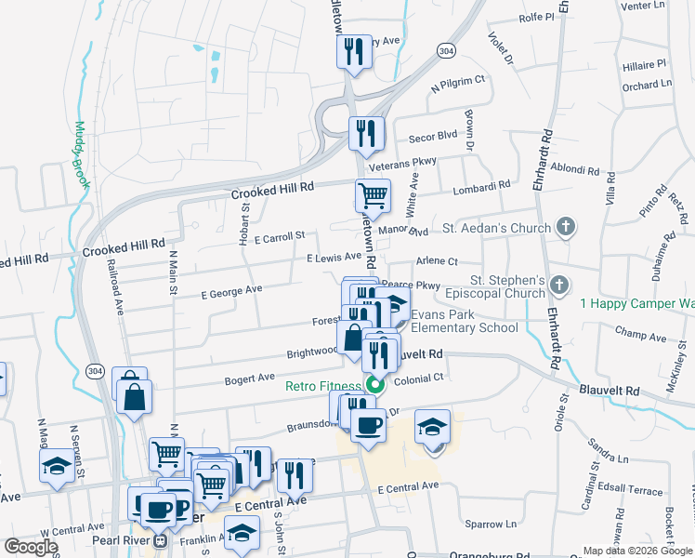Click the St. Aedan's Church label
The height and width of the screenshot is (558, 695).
(x=496, y=227)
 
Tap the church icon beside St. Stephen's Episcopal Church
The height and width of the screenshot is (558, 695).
(x=557, y=285)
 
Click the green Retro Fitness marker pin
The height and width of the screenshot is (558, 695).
(x=375, y=385)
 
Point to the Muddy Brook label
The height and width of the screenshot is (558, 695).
(x=82, y=154)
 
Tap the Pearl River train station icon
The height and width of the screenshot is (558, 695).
(x=161, y=539)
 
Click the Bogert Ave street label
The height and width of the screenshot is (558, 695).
(x=249, y=379)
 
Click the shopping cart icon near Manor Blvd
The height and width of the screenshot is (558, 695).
(x=373, y=196)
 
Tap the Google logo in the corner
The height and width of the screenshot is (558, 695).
(x=31, y=547)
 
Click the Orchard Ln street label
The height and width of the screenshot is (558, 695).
(x=647, y=86)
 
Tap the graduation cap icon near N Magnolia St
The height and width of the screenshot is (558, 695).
(x=58, y=467)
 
